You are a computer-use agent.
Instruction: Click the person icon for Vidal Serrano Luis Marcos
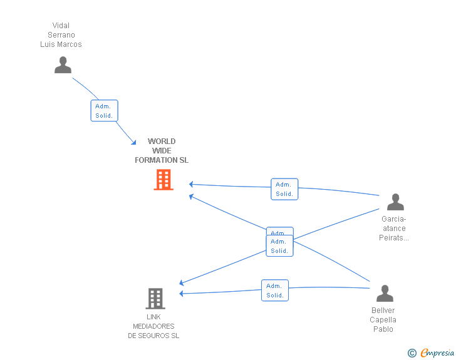(63, 65)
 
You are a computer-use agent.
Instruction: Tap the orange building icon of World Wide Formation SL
(163, 180)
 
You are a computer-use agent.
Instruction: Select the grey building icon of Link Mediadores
(155, 299)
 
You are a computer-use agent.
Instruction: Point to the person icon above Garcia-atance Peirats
(395, 202)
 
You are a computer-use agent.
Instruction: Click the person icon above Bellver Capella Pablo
(385, 294)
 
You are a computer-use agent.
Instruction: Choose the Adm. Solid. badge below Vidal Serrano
(104, 111)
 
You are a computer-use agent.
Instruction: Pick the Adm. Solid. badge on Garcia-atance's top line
(284, 189)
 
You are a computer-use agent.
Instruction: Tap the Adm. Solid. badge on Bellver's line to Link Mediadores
(275, 291)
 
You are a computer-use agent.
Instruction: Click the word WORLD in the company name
(162, 141)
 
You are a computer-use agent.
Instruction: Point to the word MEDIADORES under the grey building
(153, 326)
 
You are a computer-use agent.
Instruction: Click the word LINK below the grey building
(153, 317)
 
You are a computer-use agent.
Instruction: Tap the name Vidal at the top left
(61, 26)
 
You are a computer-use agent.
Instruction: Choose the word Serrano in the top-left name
(61, 35)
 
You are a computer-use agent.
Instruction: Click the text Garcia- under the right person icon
(394, 219)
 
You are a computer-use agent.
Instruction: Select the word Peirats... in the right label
(394, 238)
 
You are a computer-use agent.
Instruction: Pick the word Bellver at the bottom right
(383, 311)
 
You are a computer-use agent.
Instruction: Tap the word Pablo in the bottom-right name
(383, 329)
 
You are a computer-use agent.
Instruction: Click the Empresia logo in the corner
(437, 353)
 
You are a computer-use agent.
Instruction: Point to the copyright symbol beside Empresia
(412, 354)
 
